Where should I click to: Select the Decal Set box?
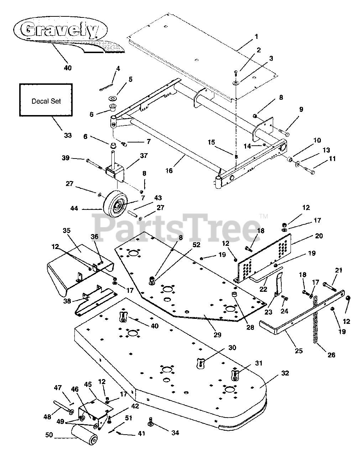pos(46,100)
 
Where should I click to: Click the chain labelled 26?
pos(316,326)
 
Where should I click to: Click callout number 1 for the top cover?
pos(256,36)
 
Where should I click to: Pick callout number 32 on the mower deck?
pos(285,373)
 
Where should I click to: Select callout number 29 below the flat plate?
pos(217,335)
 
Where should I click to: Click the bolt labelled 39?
pos(94,162)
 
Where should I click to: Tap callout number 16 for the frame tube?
pos(169,171)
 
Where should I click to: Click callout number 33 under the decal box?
pos(67,135)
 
